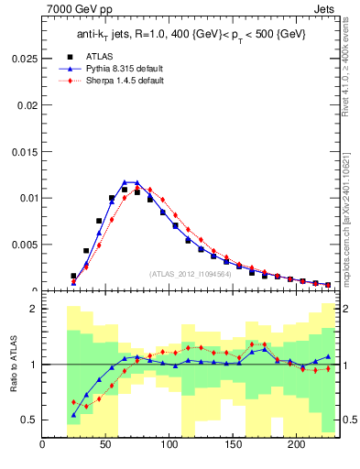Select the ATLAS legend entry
(x=111, y=56)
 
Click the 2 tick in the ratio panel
(x=33, y=309)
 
